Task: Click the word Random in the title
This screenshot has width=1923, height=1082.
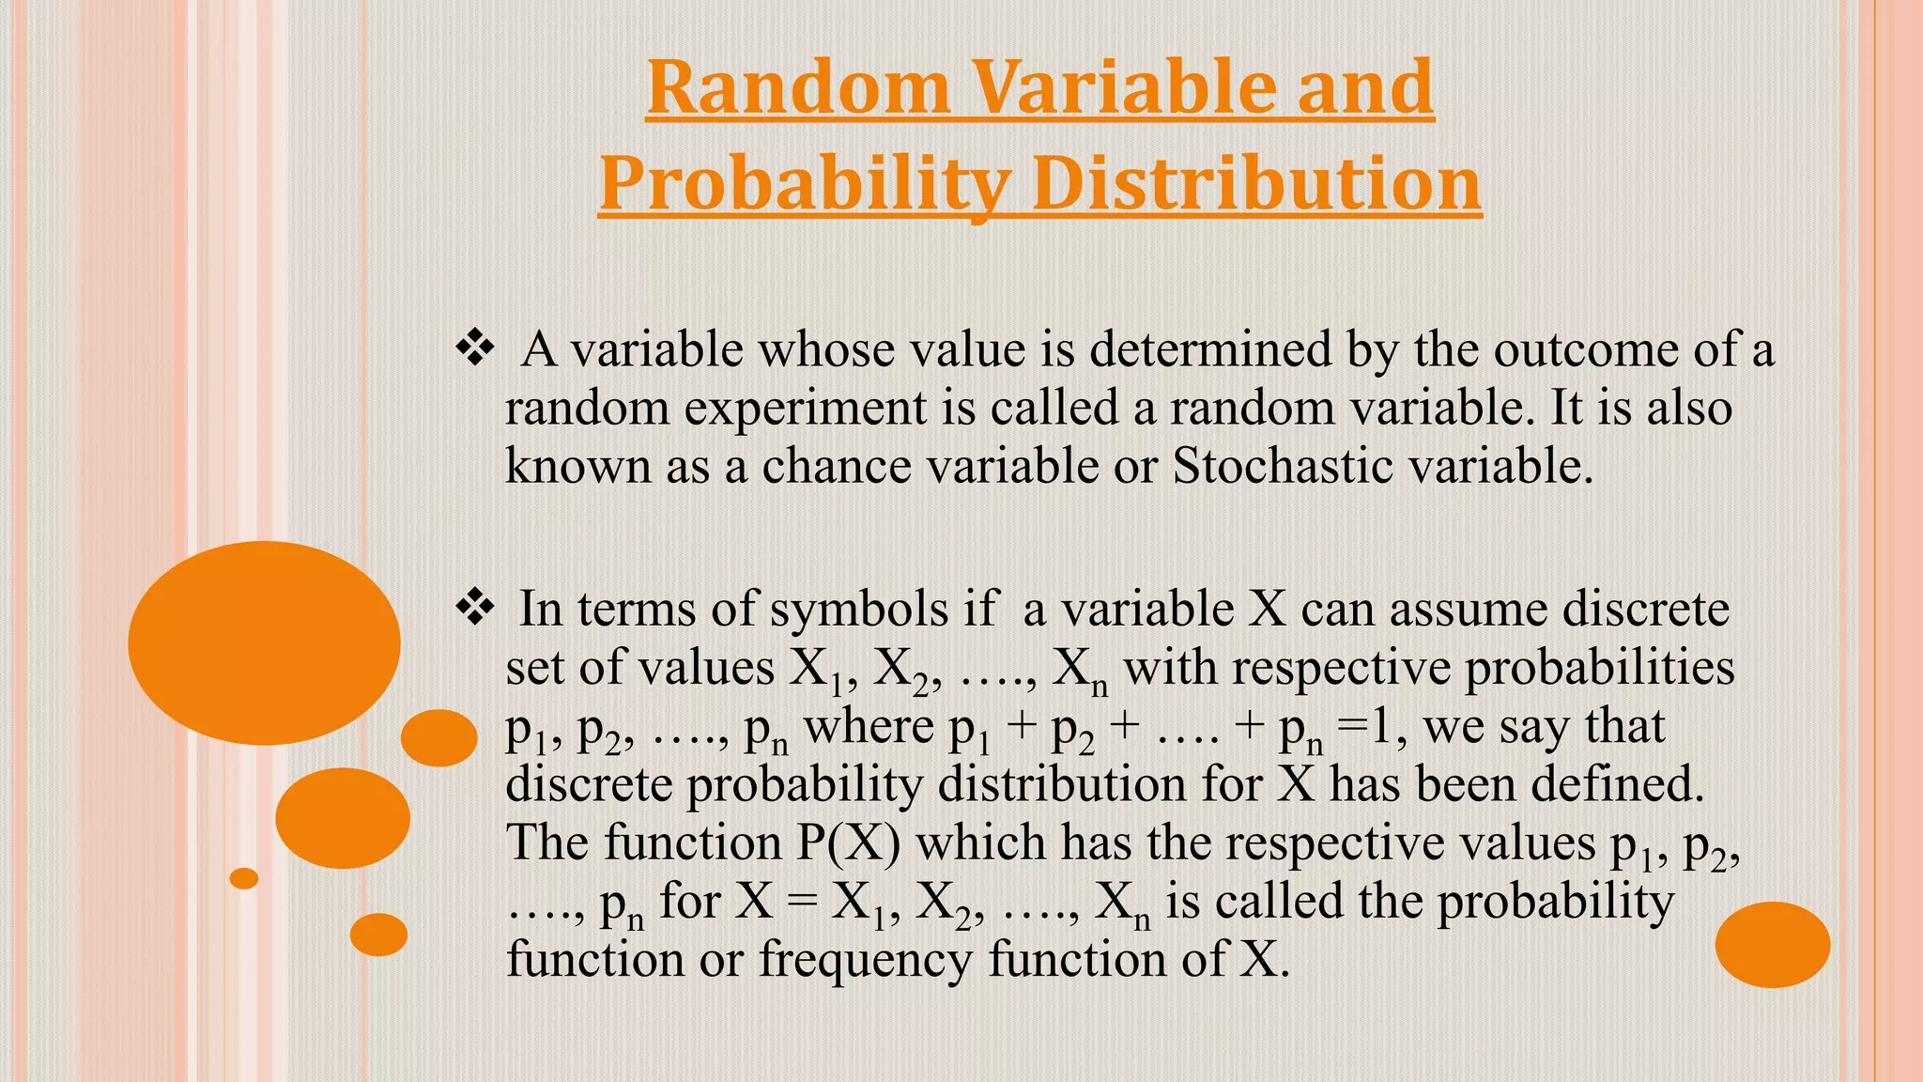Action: click(799, 87)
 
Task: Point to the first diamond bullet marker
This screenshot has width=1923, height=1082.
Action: click(475, 349)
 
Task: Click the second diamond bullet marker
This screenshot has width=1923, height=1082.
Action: click(475, 608)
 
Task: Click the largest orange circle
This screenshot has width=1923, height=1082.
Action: click(264, 643)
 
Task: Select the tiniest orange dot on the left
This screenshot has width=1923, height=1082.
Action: click(244, 878)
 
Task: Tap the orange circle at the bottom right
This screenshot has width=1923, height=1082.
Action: click(1772, 944)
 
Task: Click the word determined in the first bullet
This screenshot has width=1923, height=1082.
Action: click(1210, 350)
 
